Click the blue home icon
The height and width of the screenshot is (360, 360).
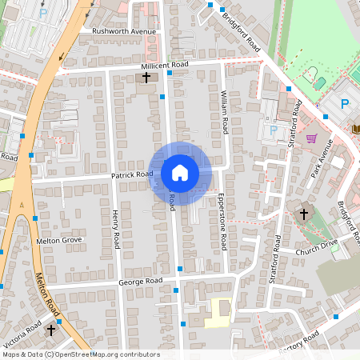180,172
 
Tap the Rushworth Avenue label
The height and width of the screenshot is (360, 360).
124,32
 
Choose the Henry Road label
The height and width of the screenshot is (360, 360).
115,227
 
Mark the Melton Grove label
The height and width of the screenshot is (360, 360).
59,239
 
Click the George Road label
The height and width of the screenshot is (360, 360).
140,282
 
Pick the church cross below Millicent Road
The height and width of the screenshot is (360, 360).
146,78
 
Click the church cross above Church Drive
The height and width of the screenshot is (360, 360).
303,214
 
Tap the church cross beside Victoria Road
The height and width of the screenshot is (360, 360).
52,329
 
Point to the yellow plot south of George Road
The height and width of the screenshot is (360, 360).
218,312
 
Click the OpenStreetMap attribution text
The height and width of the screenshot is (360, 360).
81,354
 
